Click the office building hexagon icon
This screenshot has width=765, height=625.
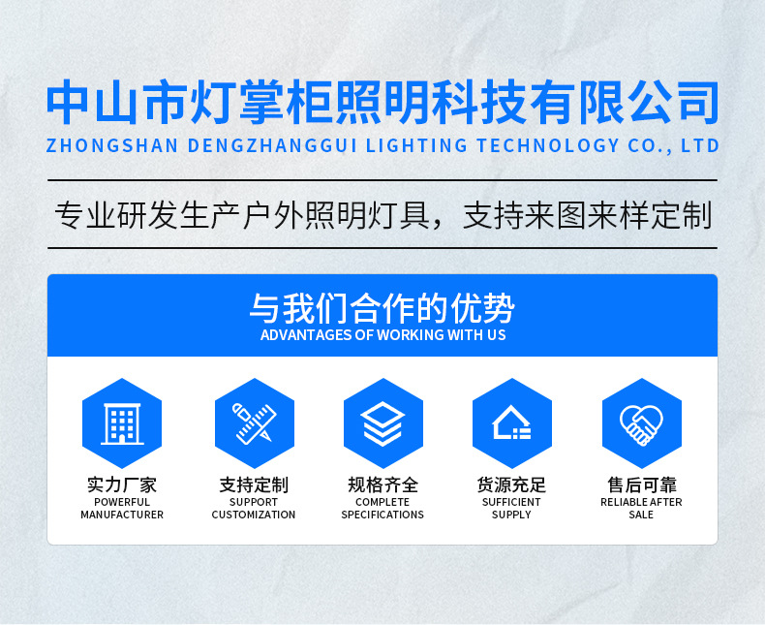122,422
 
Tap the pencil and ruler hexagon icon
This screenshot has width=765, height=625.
254,422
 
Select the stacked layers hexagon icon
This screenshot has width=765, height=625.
383,422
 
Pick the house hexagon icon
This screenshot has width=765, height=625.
512,422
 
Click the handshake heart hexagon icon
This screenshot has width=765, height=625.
642,422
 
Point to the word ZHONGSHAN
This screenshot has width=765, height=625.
112,145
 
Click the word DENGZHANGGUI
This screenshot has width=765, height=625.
272,145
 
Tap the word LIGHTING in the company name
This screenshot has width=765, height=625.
416,145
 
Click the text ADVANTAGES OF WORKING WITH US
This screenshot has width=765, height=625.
383,335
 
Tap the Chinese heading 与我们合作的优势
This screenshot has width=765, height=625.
382,308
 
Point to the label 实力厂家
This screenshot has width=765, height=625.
122,484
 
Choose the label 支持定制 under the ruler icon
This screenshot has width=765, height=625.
254,484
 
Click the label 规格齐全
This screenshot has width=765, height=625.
383,484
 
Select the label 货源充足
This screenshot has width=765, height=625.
511,484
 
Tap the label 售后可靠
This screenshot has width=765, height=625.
642,484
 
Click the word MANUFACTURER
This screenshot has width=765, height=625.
122,515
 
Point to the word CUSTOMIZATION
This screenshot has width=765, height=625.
254,515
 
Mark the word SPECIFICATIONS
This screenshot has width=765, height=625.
382,515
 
